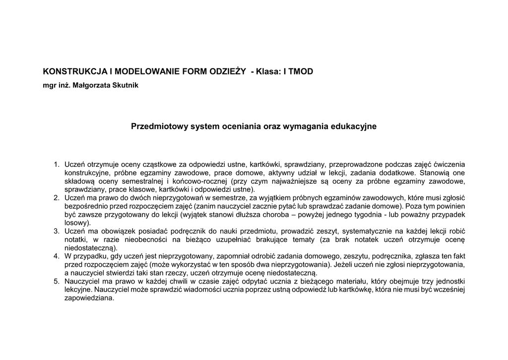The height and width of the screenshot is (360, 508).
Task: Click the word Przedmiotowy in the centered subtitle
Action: click(156, 127)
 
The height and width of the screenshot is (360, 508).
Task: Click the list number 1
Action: click(56, 164)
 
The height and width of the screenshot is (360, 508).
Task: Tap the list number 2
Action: click(56, 198)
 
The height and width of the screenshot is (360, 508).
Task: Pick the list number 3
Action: click(56, 231)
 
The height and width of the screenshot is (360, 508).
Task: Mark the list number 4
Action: click(56, 257)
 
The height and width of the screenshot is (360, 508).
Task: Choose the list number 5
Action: click(56, 282)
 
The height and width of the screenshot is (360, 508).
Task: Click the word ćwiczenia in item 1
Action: click(449, 164)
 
